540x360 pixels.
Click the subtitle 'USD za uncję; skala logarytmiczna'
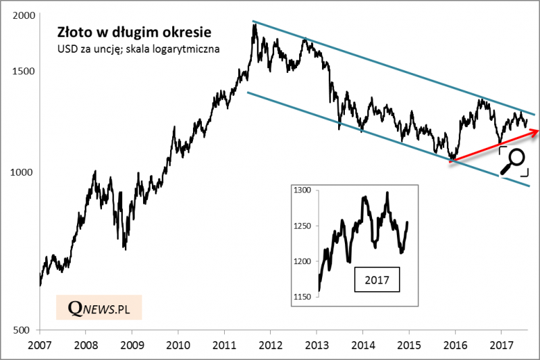coord(138,49)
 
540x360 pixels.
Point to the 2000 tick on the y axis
coord(22,15)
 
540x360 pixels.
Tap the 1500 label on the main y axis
coord(22,72)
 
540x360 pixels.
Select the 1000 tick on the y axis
coord(22,172)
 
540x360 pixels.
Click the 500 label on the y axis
coord(24,330)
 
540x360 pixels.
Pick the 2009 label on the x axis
coord(132,344)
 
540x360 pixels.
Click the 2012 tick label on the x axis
coord(270,344)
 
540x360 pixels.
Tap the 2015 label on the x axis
coord(408,344)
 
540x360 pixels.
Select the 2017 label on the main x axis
coord(501,344)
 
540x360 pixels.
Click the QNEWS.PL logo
coord(99,308)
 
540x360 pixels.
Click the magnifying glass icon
coord(514,161)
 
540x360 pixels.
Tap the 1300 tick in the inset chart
coord(301,190)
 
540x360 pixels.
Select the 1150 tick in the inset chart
coord(301,297)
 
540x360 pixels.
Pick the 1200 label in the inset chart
coord(301,261)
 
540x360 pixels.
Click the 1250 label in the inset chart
coord(301,226)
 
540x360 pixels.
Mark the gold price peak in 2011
coord(254,25)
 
